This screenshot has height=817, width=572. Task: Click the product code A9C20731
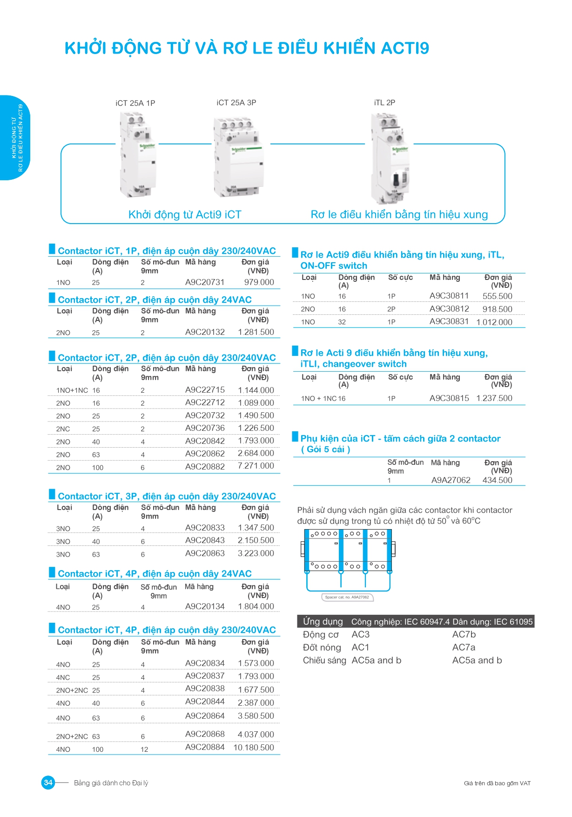(x=205, y=282)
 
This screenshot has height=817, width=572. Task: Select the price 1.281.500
(x=256, y=332)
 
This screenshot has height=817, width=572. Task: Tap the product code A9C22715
(x=205, y=390)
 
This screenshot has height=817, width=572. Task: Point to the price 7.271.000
(x=256, y=466)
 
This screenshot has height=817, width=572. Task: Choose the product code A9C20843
(x=205, y=540)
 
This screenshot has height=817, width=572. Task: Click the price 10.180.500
(x=254, y=748)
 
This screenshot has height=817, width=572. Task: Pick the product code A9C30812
(x=449, y=309)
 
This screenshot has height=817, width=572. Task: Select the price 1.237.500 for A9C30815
(x=494, y=398)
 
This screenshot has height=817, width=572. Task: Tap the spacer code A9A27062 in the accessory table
(x=451, y=480)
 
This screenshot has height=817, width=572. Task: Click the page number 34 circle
(x=48, y=783)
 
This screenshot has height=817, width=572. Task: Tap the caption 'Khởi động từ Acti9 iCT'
(x=185, y=215)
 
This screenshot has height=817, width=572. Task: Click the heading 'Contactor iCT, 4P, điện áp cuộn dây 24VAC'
(x=155, y=574)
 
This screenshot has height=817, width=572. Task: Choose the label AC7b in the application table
(x=464, y=634)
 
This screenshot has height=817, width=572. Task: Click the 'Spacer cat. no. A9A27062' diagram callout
(x=347, y=597)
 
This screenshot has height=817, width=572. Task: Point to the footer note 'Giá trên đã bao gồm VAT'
(x=497, y=783)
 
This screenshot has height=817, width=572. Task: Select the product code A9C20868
(x=205, y=734)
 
